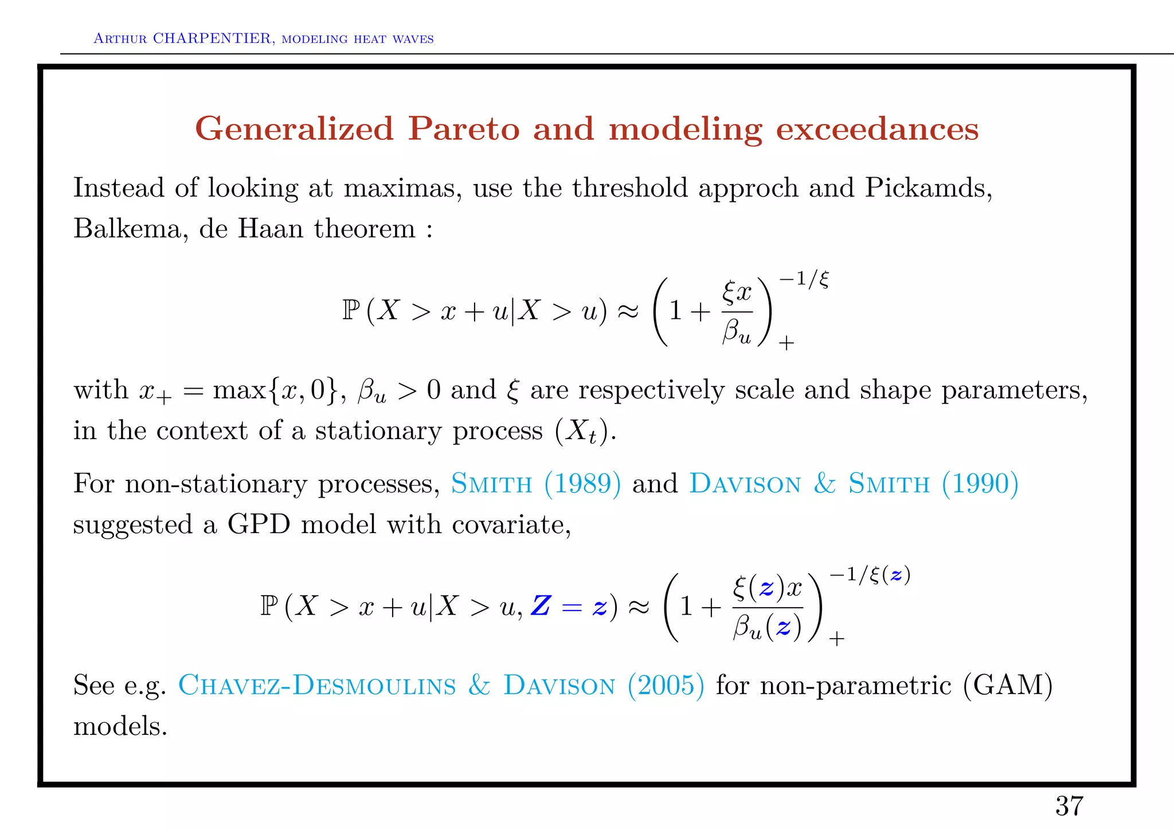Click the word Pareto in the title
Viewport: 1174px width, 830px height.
point(464,128)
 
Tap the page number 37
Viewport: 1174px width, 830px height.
point(1069,806)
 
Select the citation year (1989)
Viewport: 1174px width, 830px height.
point(582,483)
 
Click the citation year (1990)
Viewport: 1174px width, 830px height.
point(980,483)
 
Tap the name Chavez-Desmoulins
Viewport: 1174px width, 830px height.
point(317,685)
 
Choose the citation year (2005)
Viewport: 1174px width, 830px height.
point(666,685)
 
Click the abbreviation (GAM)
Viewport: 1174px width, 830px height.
point(1008,685)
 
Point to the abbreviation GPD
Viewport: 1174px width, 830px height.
point(259,524)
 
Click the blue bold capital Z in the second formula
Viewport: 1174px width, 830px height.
point(541,606)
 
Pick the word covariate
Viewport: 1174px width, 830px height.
point(511,524)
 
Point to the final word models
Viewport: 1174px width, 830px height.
point(120,726)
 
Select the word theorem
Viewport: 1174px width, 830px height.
point(365,229)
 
